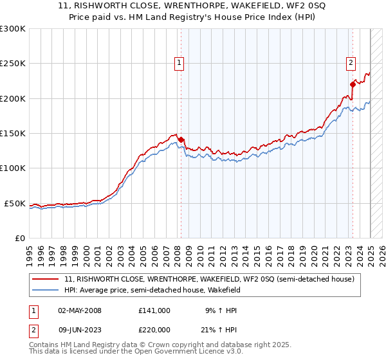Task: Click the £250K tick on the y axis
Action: point(12,64)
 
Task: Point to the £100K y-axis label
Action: point(12,168)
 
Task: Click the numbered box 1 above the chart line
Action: point(178,63)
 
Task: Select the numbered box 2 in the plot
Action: point(351,63)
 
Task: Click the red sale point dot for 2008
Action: point(181,139)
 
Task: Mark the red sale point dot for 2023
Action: point(353,84)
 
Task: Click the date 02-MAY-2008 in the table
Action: point(80,310)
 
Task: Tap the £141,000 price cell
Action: point(154,310)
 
